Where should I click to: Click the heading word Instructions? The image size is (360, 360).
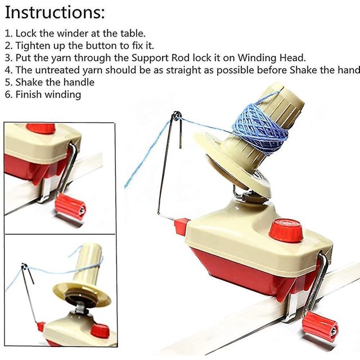click(x=55, y=12)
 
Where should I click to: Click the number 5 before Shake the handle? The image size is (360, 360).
click(x=8, y=83)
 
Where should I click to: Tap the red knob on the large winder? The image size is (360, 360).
click(x=286, y=231)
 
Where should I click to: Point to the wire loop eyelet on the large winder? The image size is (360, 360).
click(x=177, y=116)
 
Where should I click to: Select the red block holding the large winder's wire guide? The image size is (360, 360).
click(x=181, y=227)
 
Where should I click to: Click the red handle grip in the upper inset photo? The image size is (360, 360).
click(x=70, y=207)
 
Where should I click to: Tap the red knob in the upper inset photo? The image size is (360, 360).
click(x=41, y=128)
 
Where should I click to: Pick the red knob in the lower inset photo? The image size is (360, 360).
click(x=100, y=331)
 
